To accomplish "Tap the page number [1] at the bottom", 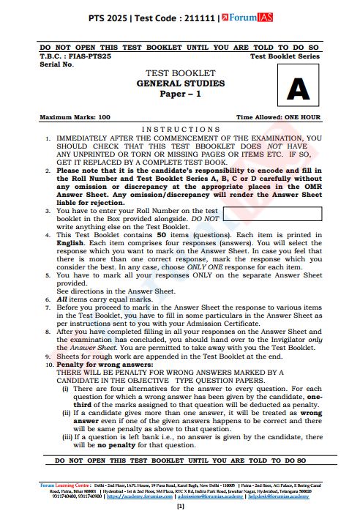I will [x=180, y=506].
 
